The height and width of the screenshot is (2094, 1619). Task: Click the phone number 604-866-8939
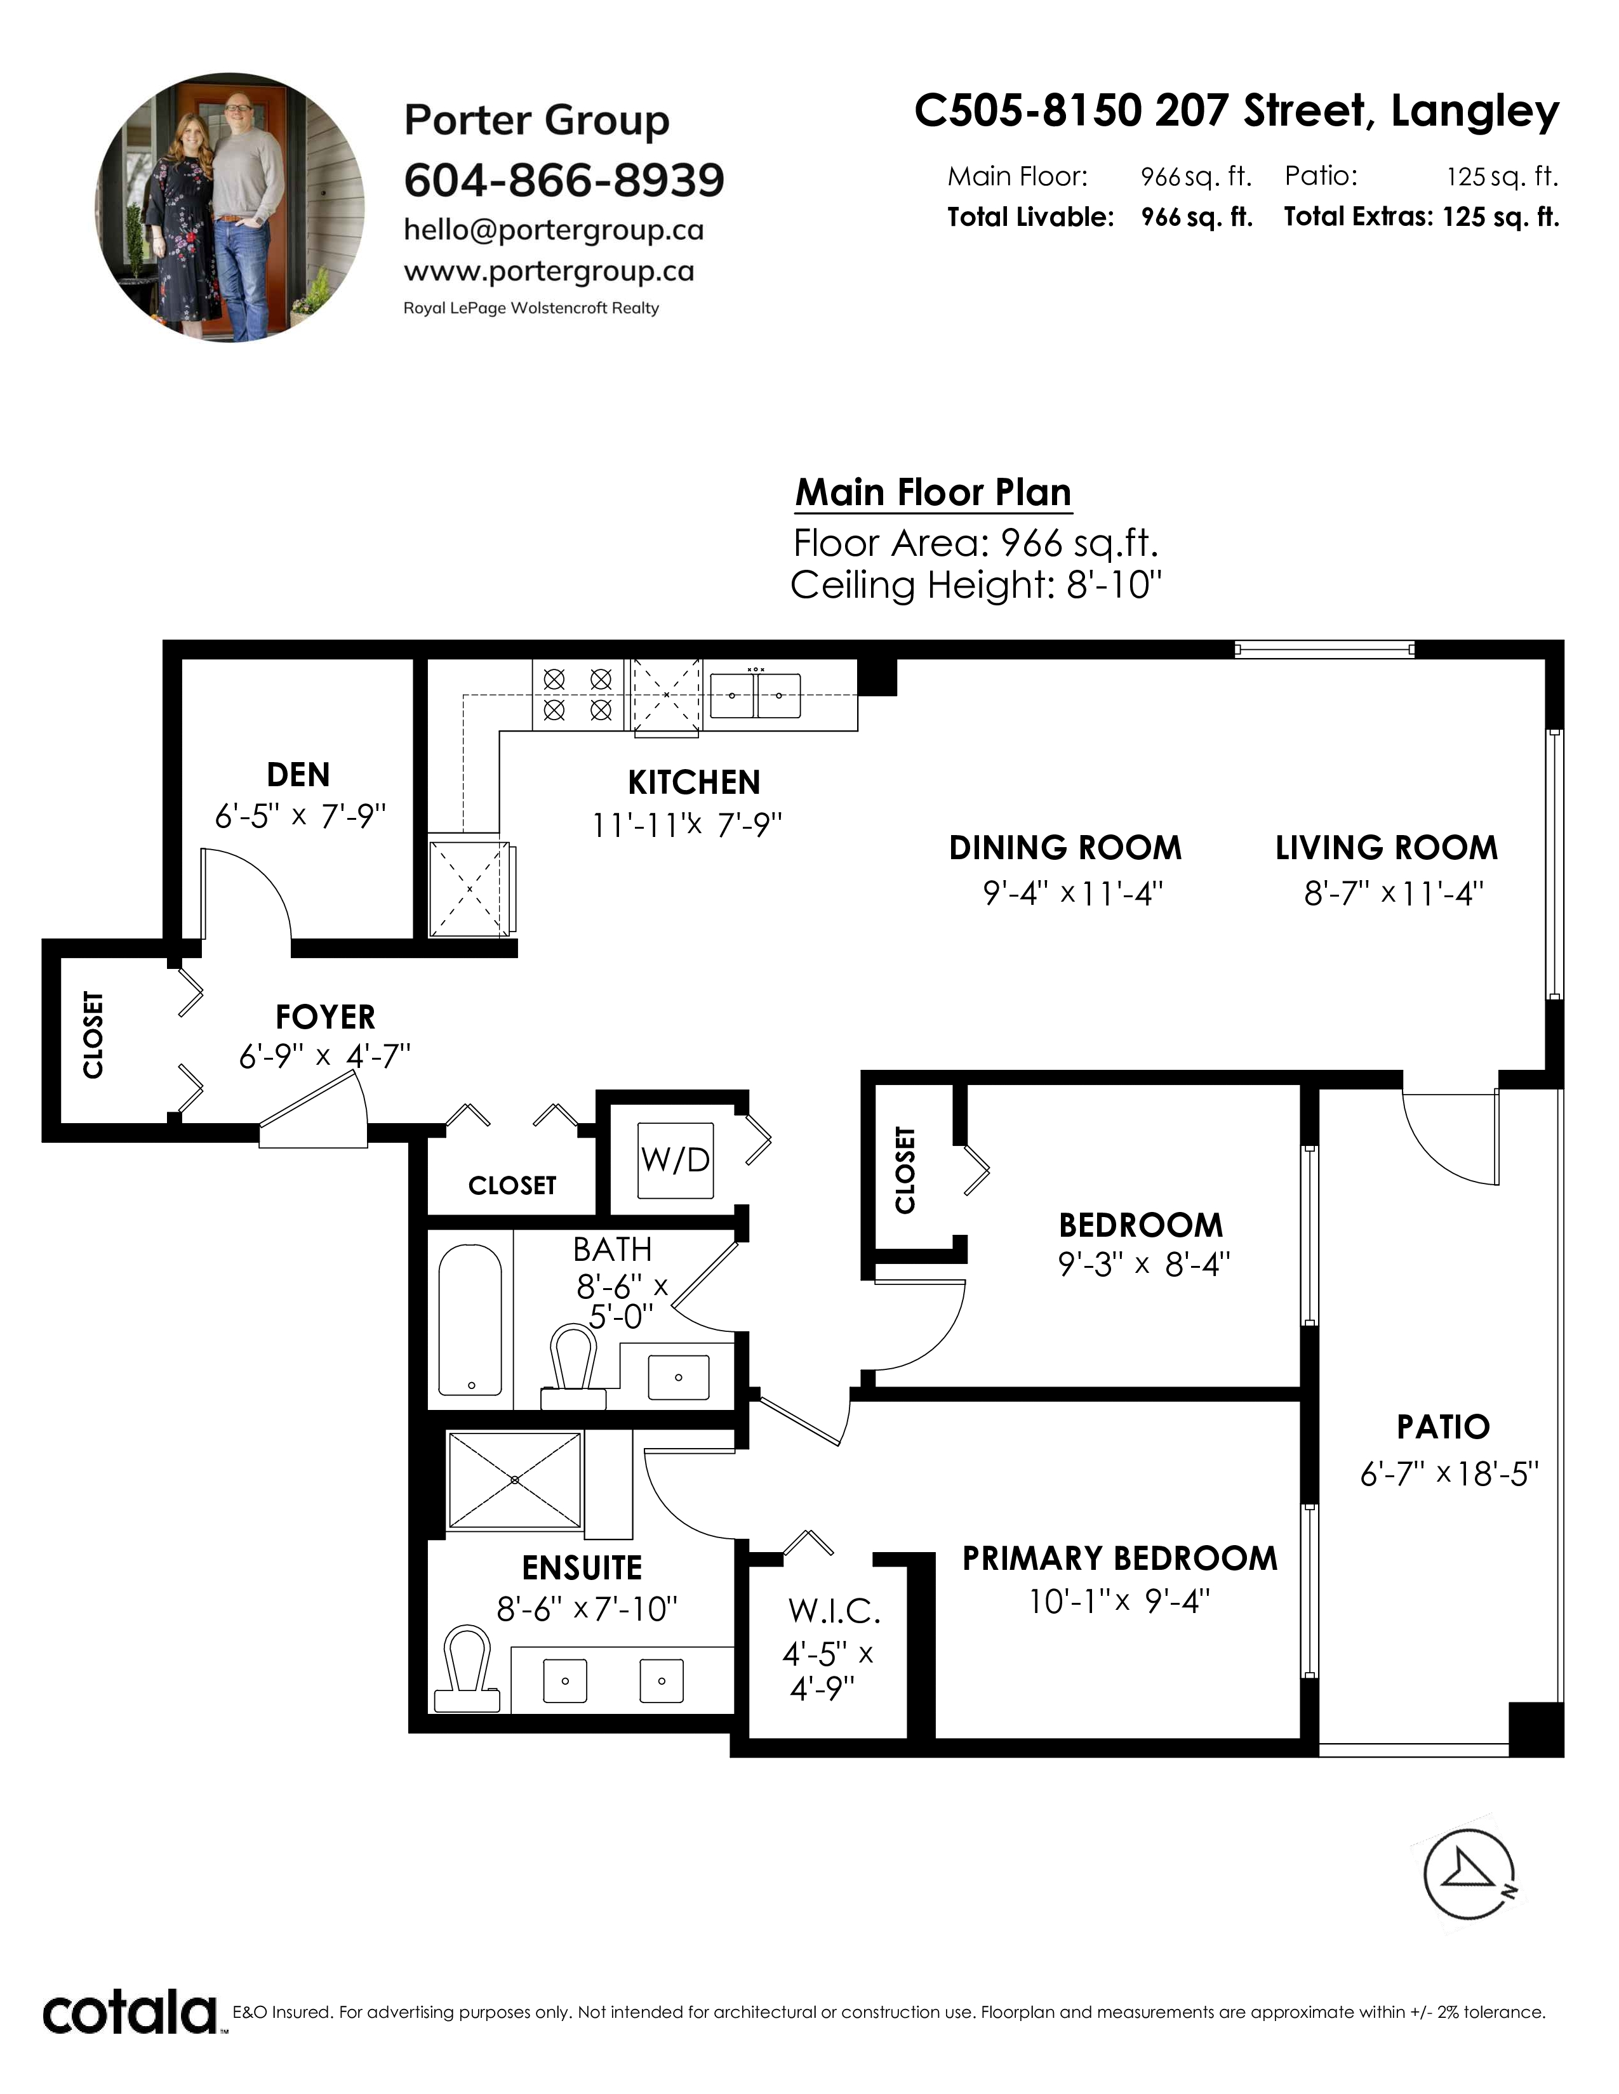click(564, 180)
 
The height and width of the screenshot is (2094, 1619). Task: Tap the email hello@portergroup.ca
click(554, 231)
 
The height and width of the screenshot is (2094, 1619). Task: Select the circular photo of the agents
click(230, 208)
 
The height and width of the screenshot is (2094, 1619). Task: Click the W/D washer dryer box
click(676, 1160)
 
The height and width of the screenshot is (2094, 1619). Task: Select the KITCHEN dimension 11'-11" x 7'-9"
click(688, 824)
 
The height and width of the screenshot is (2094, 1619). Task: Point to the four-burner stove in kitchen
click(577, 695)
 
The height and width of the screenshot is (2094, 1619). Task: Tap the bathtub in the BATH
click(470, 1319)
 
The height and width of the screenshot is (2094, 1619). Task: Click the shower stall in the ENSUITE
click(515, 1480)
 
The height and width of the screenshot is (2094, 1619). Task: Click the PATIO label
click(1442, 1428)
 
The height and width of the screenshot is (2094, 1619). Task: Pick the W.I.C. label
click(834, 1612)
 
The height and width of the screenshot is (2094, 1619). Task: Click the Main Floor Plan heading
click(933, 493)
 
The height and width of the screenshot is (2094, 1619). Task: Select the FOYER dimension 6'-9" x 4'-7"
click(324, 1057)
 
